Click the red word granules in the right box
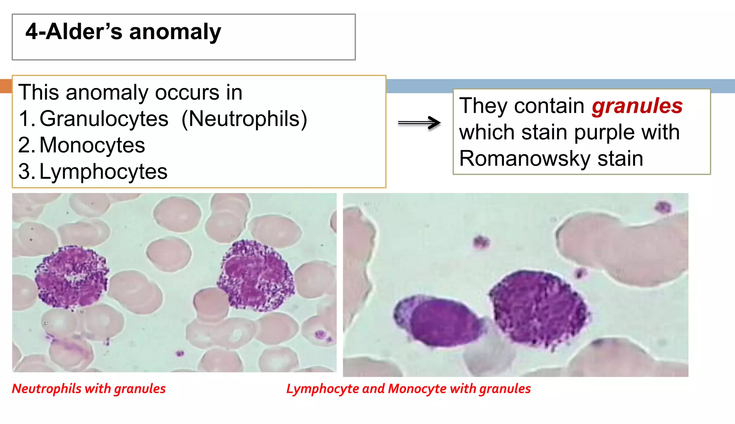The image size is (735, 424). click(x=637, y=106)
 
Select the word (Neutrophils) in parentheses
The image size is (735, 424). click(x=244, y=119)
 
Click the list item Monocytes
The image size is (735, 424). click(x=92, y=145)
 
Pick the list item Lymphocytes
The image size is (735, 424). click(x=103, y=171)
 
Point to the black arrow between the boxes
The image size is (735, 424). click(x=419, y=123)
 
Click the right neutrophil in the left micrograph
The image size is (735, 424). click(x=256, y=275)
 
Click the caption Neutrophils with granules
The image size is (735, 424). click(x=89, y=388)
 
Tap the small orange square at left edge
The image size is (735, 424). click(x=6, y=86)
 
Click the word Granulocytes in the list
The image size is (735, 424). click(x=104, y=119)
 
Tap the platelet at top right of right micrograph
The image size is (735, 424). click(x=663, y=207)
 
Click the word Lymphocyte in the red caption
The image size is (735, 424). click(x=323, y=388)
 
